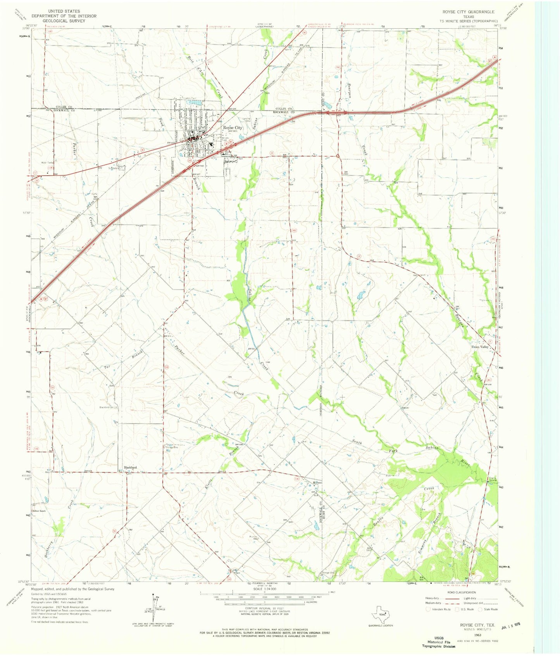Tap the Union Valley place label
(480, 347)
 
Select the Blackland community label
(130, 468)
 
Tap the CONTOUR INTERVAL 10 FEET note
(264, 608)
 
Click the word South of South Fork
(357, 442)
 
